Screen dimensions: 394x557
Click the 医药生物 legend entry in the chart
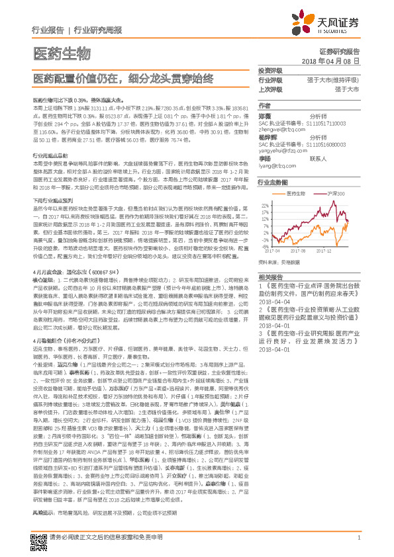(x=297, y=193)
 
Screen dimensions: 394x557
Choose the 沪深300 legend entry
(x=336, y=193)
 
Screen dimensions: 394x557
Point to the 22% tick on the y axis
(x=266, y=206)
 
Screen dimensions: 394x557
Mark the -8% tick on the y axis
(x=266, y=246)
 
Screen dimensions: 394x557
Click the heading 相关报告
(x=270, y=277)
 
